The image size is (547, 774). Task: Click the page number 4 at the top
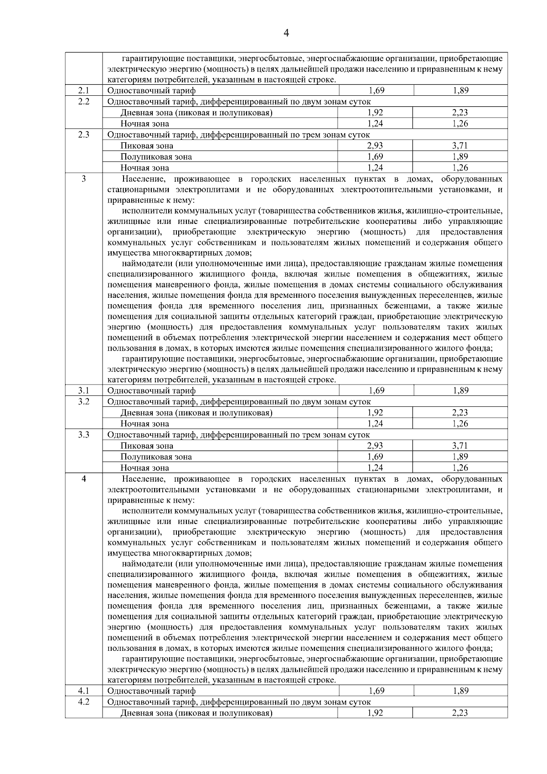(286, 33)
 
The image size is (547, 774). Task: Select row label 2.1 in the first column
(83, 90)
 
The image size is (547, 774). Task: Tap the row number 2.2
(83, 101)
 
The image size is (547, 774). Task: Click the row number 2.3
(83, 135)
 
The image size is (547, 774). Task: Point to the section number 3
(83, 179)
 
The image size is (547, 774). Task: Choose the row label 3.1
(83, 390)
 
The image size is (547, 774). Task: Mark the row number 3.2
(83, 401)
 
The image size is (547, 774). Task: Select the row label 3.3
(83, 435)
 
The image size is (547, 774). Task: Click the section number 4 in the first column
(83, 479)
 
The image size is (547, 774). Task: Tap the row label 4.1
(83, 691)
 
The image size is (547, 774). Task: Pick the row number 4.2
(83, 701)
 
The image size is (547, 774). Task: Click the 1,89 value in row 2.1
(460, 90)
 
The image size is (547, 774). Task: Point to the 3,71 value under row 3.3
(460, 446)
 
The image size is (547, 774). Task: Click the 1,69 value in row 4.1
(376, 691)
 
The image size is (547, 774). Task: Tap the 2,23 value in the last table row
(460, 713)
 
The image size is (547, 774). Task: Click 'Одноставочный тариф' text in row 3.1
(151, 391)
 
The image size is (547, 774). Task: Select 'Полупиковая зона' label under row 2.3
(156, 157)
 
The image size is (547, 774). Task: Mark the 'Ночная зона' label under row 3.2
(144, 424)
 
